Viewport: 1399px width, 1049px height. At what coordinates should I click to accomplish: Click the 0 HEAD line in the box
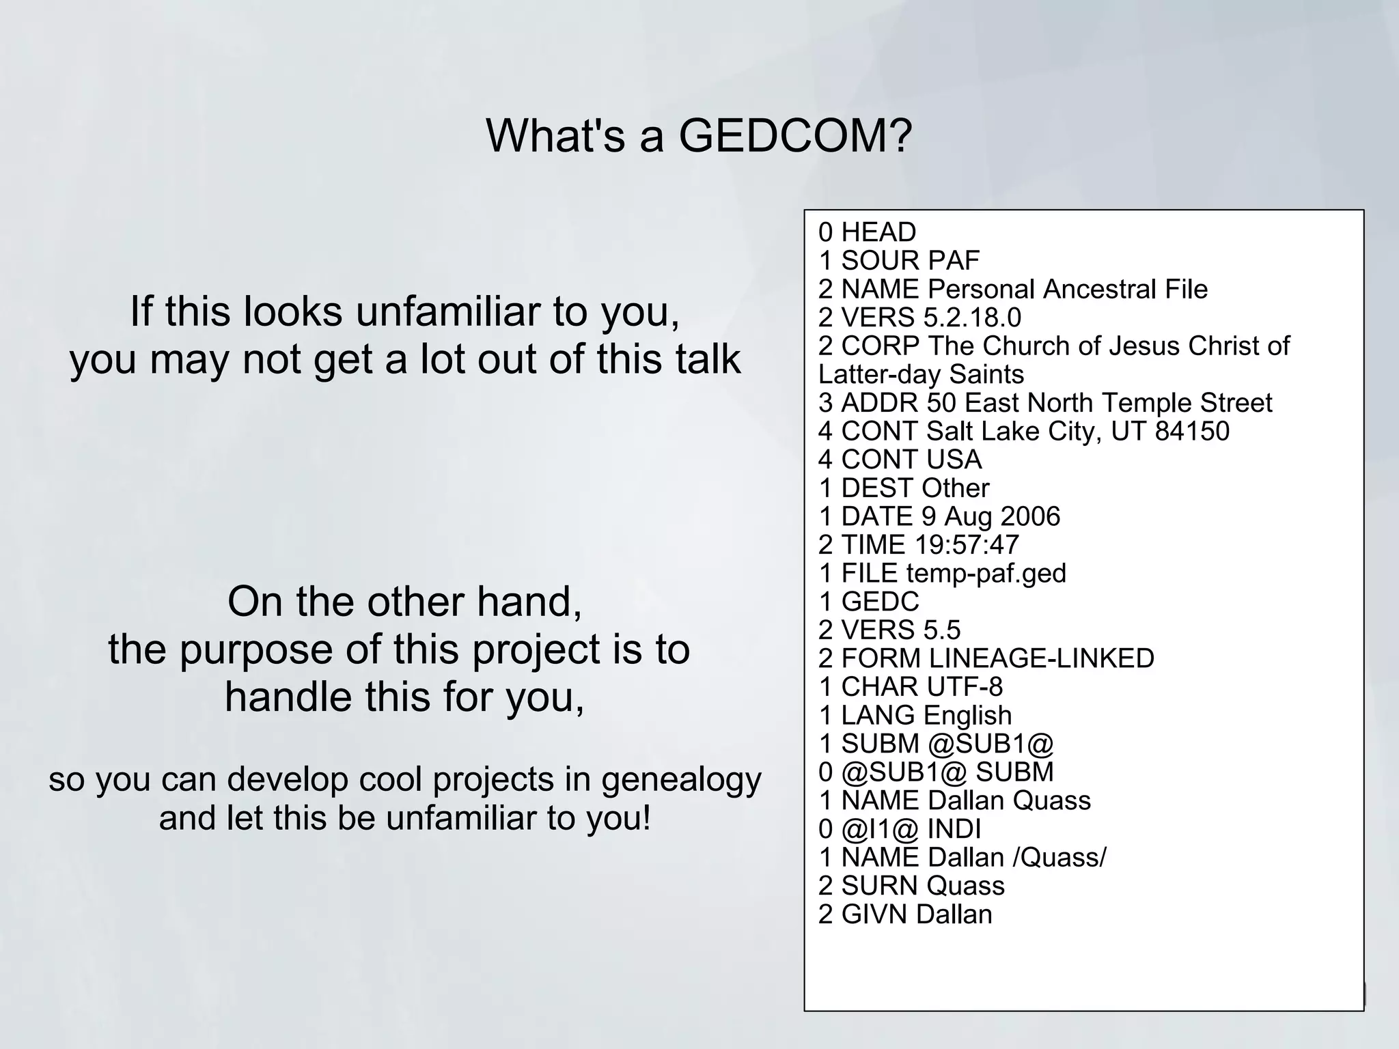866,233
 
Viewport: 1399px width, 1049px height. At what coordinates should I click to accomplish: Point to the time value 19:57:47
966,545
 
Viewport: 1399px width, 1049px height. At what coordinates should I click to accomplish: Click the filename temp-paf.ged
986,574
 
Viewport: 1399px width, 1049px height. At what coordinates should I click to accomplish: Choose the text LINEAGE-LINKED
1041,658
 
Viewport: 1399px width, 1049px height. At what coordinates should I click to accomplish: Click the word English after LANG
967,716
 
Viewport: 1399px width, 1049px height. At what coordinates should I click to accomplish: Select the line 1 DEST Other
903,488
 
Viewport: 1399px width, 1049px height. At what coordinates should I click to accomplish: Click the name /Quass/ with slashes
1059,857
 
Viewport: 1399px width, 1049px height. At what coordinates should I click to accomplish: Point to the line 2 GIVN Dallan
904,914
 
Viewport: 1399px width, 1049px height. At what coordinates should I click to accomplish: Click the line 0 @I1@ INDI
899,829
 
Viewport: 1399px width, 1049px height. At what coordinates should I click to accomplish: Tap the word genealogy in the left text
680,781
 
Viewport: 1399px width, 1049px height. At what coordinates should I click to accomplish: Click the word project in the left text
535,649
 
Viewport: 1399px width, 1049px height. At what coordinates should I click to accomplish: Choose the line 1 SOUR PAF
898,261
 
